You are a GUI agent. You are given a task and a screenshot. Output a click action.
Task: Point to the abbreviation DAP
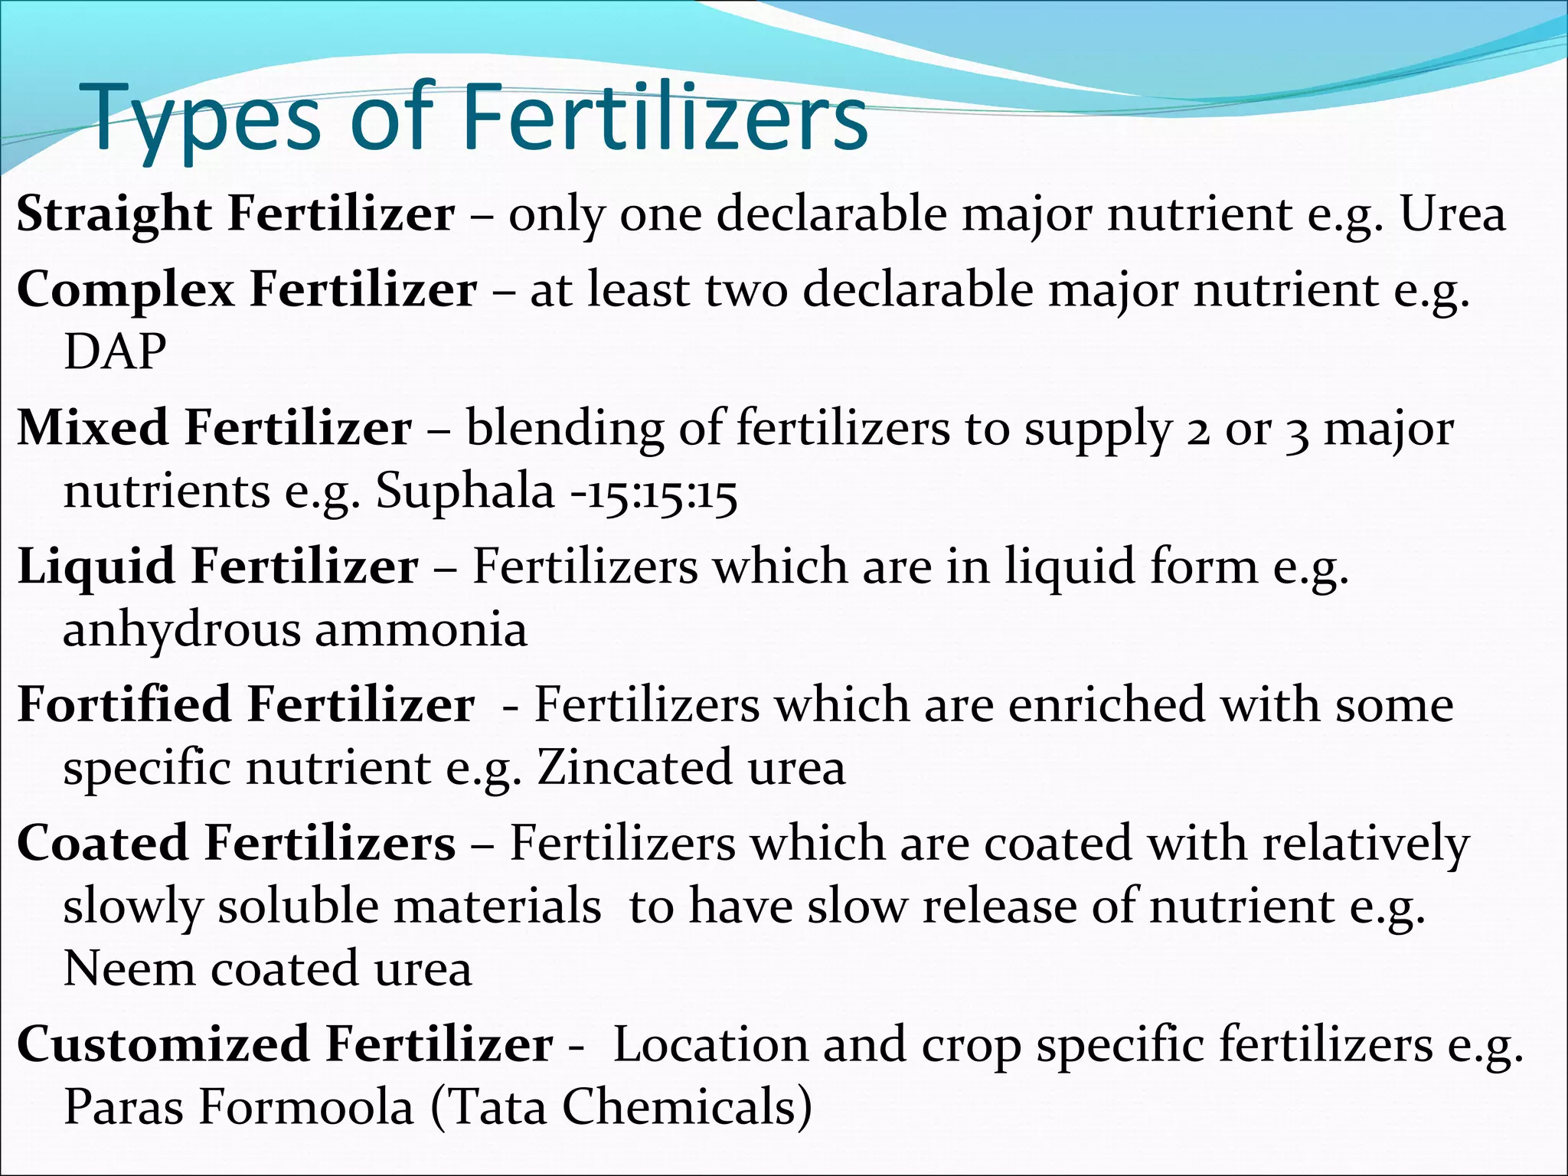point(115,352)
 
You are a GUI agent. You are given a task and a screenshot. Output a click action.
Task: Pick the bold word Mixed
point(92,428)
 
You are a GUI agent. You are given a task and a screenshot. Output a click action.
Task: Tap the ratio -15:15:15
point(654,492)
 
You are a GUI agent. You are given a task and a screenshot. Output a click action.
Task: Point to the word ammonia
point(420,629)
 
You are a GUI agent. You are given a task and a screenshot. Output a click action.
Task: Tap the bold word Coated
point(102,844)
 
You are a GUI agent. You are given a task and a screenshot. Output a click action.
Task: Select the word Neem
point(128,969)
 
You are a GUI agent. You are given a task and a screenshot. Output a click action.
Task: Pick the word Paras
point(122,1107)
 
